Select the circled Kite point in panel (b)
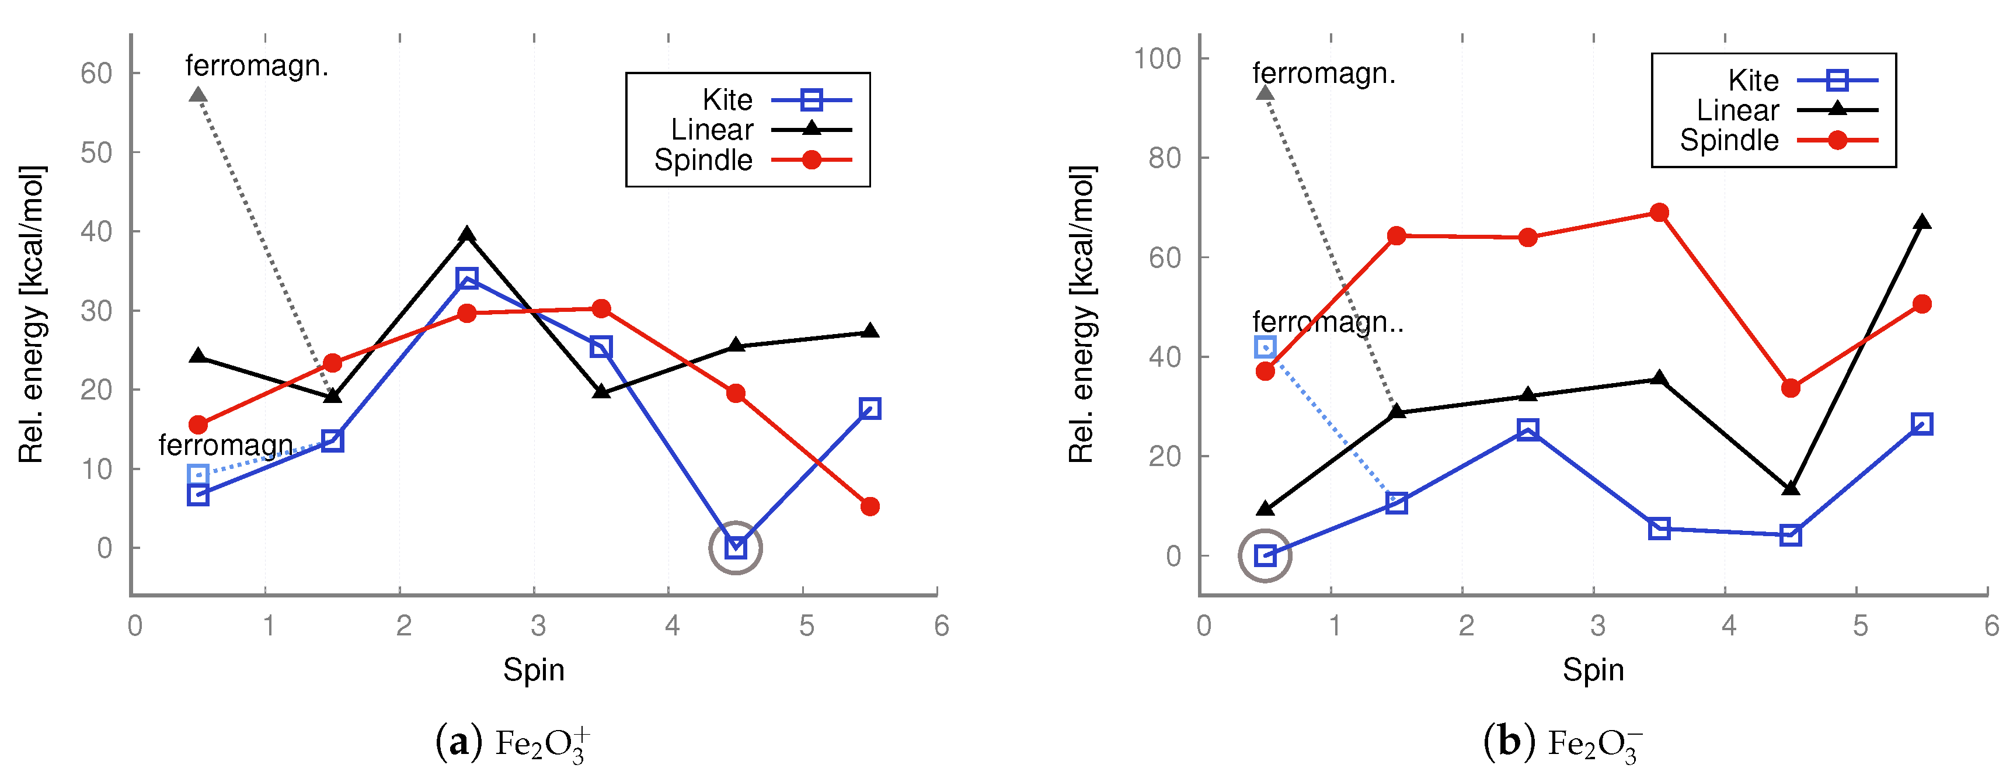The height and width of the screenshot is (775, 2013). click(1265, 556)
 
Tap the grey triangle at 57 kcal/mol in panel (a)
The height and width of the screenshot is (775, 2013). click(198, 95)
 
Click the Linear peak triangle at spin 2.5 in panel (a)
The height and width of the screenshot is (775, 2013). click(466, 235)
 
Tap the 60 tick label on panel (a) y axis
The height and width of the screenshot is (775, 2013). click(97, 74)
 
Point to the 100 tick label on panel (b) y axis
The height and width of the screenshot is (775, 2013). click(1157, 58)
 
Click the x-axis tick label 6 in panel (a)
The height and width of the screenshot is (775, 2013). click(941, 625)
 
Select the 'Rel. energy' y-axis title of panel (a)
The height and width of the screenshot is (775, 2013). click(32, 314)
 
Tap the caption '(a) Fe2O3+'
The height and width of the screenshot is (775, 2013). click(513, 743)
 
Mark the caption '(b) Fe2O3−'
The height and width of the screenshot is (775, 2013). click(1563, 743)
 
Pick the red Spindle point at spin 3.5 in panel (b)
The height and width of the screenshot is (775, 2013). click(1659, 213)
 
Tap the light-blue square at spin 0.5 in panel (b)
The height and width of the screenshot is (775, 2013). click(1265, 346)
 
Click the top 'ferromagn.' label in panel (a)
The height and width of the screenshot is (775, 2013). click(256, 65)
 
